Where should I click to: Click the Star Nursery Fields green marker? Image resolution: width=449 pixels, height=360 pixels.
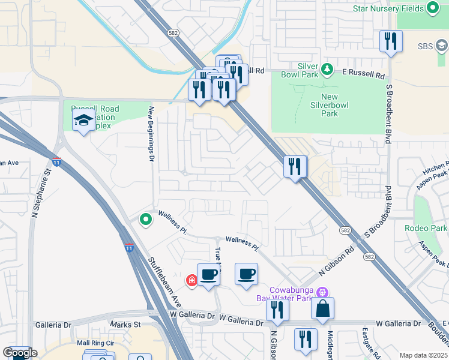click(x=432, y=8)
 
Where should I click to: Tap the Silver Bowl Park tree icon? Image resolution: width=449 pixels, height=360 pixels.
click(x=327, y=70)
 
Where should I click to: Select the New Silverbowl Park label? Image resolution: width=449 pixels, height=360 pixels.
click(x=338, y=105)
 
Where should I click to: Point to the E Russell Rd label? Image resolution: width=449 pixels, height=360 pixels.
click(x=364, y=76)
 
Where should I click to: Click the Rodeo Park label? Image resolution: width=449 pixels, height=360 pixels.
click(x=426, y=228)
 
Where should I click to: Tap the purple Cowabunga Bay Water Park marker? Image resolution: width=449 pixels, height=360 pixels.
click(x=322, y=292)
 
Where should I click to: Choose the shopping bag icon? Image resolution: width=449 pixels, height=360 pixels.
click(x=323, y=308)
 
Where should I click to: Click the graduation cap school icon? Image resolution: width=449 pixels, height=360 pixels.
click(x=83, y=121)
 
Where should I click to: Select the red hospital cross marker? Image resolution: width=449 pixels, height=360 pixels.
click(x=192, y=280)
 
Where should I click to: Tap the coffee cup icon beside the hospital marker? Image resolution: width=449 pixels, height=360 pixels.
click(x=208, y=275)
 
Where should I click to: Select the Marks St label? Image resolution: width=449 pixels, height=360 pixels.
click(x=125, y=325)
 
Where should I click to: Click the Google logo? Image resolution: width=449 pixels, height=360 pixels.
click(x=20, y=353)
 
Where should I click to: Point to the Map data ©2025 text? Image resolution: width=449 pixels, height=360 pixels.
click(x=424, y=355)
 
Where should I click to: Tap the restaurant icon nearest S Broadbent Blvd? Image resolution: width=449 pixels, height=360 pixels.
click(x=391, y=41)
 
